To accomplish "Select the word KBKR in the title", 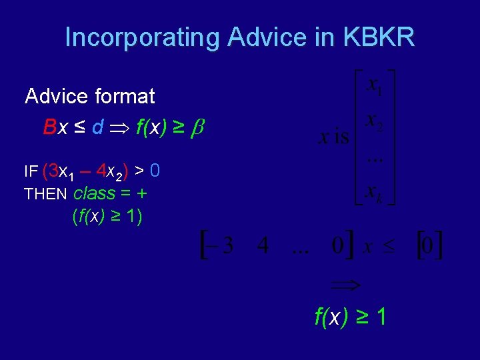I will (x=379, y=37).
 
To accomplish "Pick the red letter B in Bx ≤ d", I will (x=49, y=127).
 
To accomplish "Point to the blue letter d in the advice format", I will (x=97, y=127).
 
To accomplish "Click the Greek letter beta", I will (x=195, y=127).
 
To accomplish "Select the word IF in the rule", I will (x=31, y=172).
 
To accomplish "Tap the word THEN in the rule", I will (x=46, y=195).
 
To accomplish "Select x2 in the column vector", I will (x=375, y=123).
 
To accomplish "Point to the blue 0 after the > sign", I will (x=154, y=171).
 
